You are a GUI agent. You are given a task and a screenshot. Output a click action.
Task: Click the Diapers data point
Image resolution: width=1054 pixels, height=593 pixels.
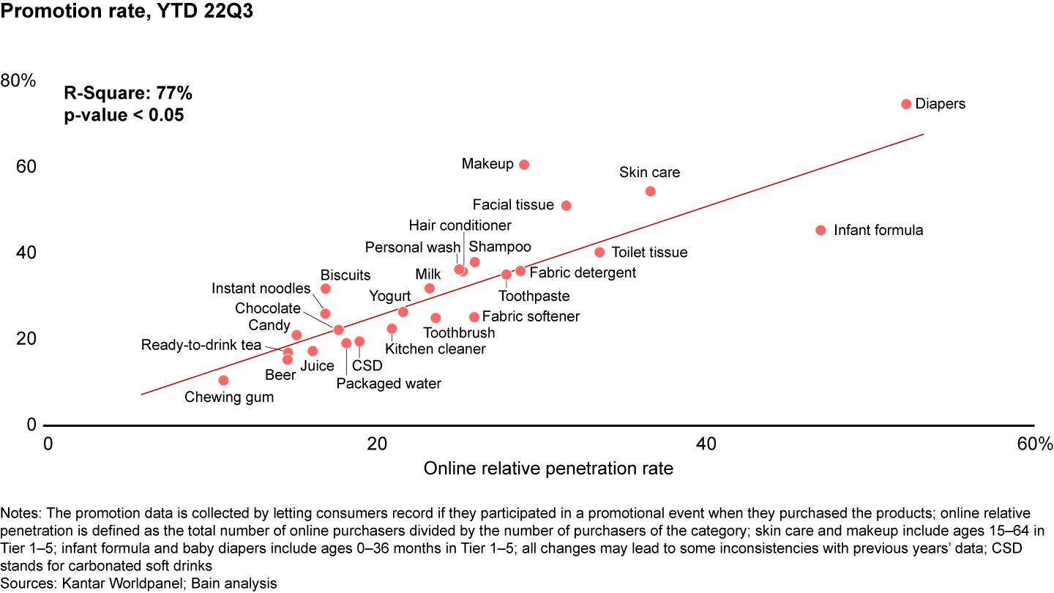[x=905, y=104]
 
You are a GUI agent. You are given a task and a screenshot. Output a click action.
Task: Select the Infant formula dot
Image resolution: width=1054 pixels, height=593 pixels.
[x=821, y=230]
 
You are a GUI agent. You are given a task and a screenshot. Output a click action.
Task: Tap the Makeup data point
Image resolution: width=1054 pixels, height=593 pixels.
[x=524, y=165]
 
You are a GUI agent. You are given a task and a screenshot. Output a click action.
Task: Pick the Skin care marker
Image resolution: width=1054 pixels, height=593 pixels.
[x=650, y=191]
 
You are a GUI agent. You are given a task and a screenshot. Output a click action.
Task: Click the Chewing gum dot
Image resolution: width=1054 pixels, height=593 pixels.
[x=223, y=380]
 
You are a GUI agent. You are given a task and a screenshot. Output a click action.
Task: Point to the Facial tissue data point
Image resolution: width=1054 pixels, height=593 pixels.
[x=566, y=206]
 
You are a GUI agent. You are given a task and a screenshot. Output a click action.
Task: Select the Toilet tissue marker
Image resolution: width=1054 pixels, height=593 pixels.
[x=599, y=252]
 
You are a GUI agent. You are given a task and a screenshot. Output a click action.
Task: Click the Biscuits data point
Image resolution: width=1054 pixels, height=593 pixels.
[x=326, y=288]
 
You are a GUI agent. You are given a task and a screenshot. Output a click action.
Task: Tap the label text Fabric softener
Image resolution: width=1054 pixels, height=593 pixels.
[x=531, y=316]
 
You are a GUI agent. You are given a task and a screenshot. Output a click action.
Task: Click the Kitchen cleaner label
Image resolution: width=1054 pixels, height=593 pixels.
[x=436, y=349]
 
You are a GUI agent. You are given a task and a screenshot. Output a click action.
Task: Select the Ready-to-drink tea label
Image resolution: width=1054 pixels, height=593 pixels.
[x=201, y=345]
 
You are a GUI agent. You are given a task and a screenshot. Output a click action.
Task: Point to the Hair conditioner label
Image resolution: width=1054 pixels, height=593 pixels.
[x=460, y=225]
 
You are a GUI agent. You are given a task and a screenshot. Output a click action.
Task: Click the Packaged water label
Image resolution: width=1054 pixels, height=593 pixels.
[x=389, y=384]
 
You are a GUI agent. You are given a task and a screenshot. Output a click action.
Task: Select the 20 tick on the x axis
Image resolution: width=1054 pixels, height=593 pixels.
[x=376, y=444]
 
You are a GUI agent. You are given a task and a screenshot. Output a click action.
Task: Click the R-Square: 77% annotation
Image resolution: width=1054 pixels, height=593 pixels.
[x=128, y=93]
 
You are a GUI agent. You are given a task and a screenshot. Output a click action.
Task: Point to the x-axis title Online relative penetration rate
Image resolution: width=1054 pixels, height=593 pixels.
[x=548, y=468]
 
